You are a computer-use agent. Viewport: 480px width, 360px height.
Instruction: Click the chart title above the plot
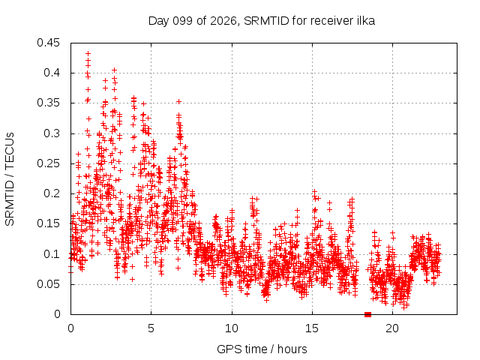click(x=262, y=21)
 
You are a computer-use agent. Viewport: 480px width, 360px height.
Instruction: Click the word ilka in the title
click(x=365, y=20)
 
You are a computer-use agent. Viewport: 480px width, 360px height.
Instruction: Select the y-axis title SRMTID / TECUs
click(x=10, y=179)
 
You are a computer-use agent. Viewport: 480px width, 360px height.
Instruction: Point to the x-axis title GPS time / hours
click(x=262, y=349)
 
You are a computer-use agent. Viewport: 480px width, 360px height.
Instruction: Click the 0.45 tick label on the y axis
click(x=48, y=43)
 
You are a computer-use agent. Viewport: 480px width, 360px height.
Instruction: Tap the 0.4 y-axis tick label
click(x=52, y=73)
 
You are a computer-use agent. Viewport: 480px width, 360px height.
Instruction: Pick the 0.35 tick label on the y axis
click(x=48, y=103)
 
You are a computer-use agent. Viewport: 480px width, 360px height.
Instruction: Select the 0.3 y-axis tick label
click(x=52, y=133)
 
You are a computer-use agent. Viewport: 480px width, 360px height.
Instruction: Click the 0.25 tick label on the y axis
click(x=48, y=163)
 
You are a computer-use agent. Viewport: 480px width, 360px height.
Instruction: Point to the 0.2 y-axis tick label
click(x=52, y=193)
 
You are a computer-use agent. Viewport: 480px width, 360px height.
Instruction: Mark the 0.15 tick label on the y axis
click(x=48, y=223)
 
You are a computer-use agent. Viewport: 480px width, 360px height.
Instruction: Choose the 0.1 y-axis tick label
click(x=52, y=253)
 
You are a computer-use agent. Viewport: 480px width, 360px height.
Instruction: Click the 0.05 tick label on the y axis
click(x=48, y=284)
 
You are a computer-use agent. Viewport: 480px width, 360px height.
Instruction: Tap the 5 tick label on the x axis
click(x=151, y=328)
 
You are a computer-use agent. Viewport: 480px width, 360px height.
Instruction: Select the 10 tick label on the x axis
click(x=232, y=328)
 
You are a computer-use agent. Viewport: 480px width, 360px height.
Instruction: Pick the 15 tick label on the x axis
click(x=312, y=328)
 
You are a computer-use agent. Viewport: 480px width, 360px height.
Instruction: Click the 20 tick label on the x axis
click(x=392, y=328)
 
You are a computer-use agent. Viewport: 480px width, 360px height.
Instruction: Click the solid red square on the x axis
click(x=368, y=314)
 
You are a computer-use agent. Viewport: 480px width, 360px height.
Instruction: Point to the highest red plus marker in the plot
click(x=88, y=53)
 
